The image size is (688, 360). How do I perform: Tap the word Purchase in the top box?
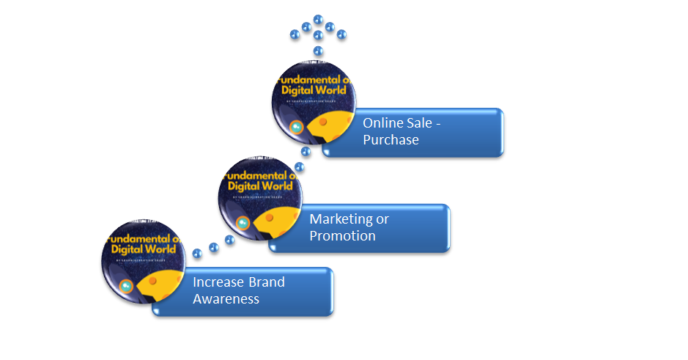coord(391,140)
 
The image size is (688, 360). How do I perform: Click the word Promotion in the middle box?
coord(342,236)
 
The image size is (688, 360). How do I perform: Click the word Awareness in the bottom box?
coord(226,299)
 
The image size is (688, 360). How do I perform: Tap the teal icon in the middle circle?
coord(244,223)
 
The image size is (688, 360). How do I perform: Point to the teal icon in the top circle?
coord(297,128)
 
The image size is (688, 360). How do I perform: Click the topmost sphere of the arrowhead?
coord(318,19)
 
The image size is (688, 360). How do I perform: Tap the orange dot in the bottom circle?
coord(152,281)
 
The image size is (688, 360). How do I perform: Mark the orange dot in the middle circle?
coord(270,217)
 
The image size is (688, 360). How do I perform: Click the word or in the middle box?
coord(382,219)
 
